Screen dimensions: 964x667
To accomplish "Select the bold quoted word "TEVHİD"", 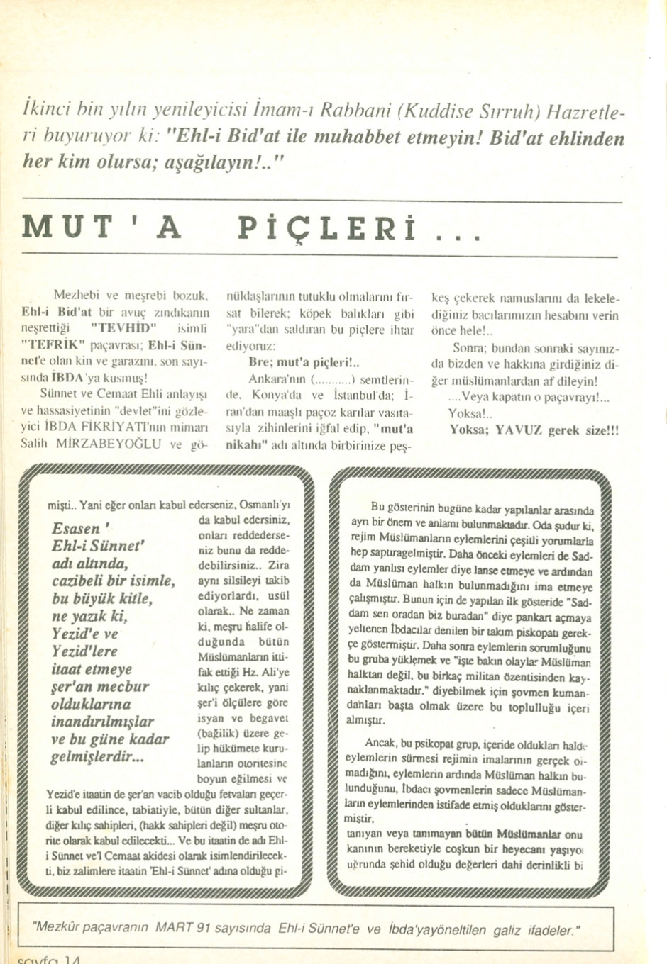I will [x=122, y=328].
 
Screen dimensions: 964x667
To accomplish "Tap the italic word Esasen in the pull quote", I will [x=76, y=529].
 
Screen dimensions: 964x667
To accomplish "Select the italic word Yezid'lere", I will [x=84, y=651].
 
